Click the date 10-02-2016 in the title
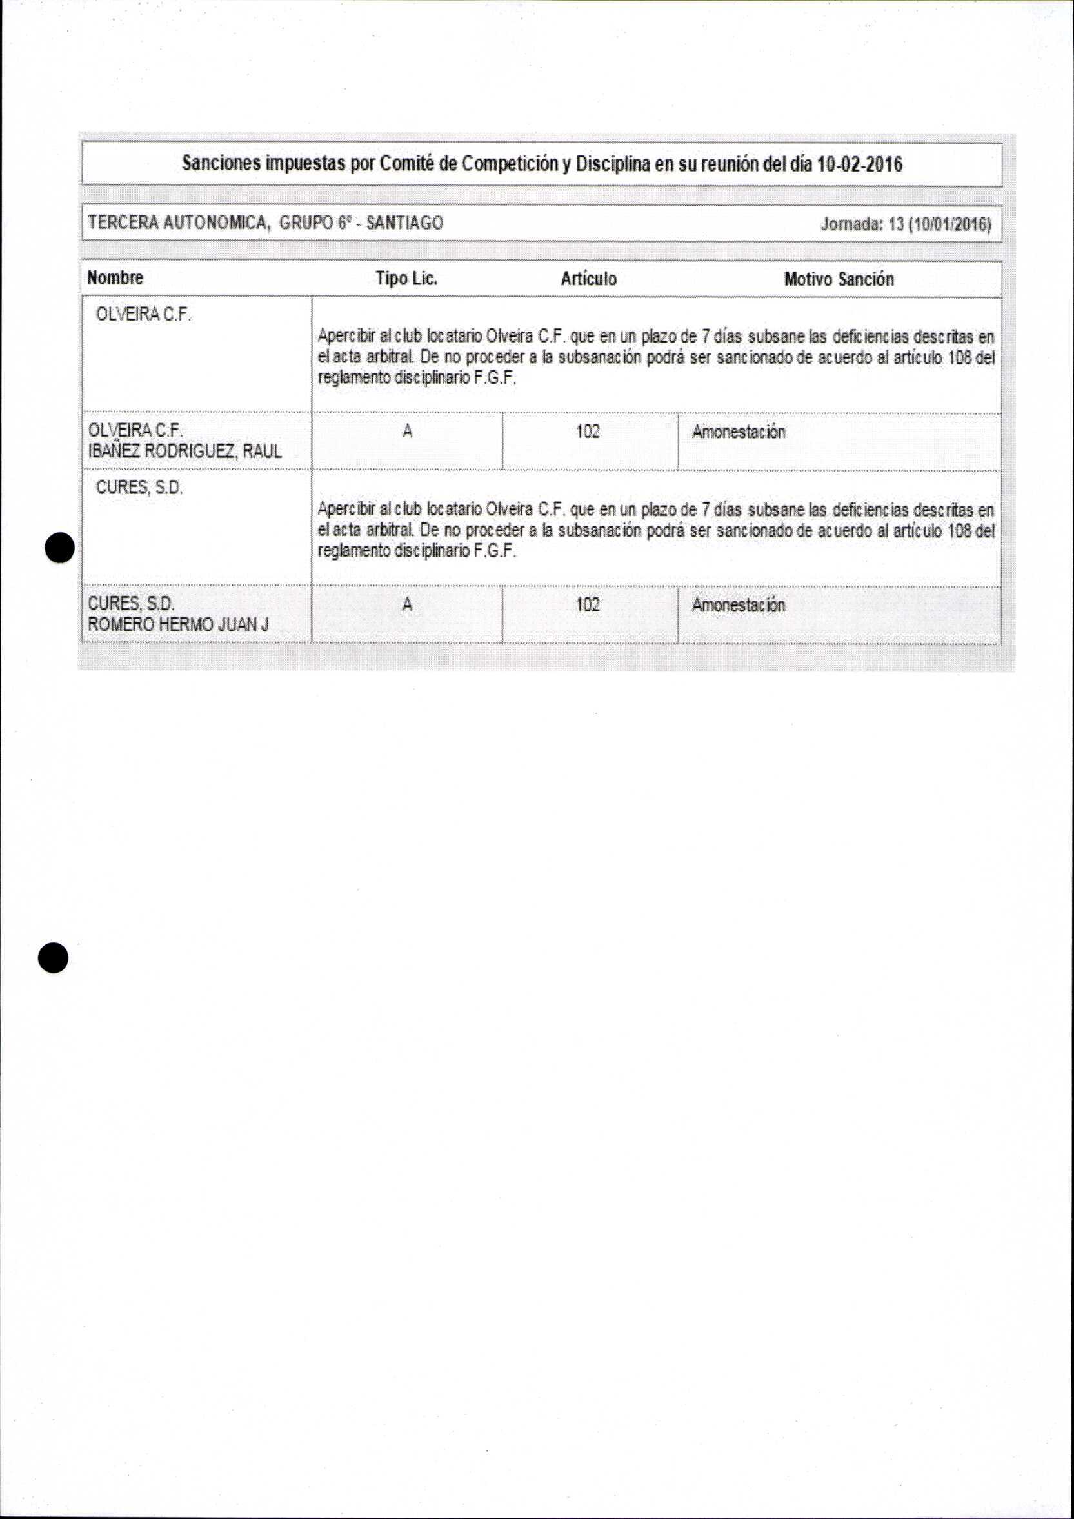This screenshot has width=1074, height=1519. point(860,164)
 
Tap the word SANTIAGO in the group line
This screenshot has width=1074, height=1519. point(404,223)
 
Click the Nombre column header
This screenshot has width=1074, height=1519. point(115,278)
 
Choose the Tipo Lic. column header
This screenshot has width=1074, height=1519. point(406,279)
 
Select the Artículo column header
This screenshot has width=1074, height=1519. point(588,279)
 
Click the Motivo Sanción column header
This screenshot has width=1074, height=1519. point(839,279)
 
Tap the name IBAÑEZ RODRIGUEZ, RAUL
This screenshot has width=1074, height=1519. point(184,452)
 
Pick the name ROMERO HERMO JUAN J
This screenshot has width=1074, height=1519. point(178,624)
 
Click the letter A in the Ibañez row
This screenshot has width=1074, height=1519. point(407,432)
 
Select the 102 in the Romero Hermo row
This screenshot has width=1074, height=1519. point(588,604)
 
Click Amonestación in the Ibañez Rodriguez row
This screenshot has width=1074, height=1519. point(739,433)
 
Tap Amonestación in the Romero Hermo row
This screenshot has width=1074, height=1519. point(739,606)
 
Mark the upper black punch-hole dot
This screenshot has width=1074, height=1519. point(59,547)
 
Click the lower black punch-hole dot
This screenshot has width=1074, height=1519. point(53,957)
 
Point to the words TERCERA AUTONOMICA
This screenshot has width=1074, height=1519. point(178,223)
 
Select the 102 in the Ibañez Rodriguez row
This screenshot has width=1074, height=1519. point(588,432)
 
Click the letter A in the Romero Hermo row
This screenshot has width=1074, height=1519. point(407,604)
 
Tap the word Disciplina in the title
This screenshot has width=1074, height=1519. point(613,164)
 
